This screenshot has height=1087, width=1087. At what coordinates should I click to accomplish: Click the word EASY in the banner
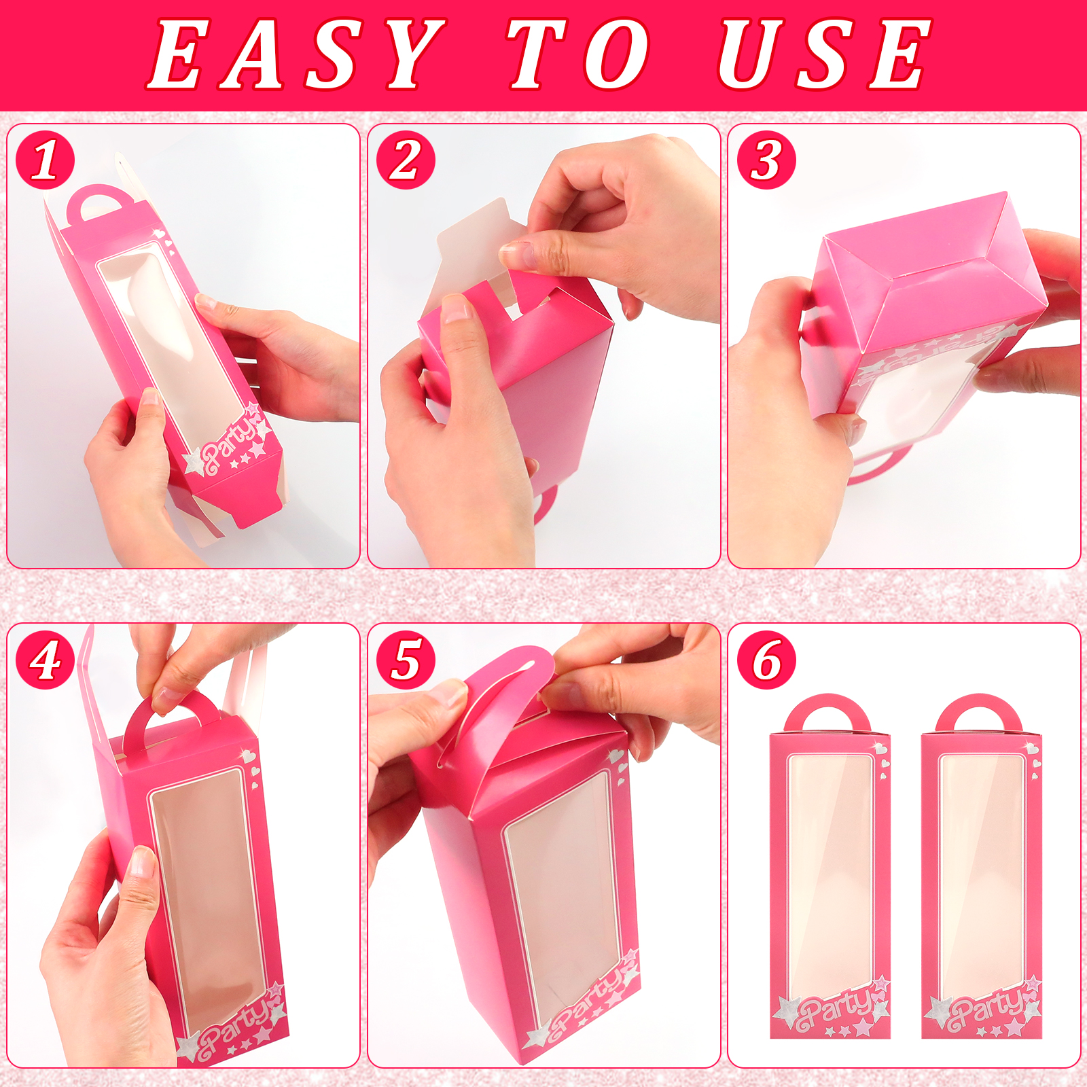tap(297, 54)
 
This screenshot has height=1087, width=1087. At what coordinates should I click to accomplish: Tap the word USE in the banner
tap(824, 54)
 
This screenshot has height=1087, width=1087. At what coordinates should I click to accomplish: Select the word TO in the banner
tap(579, 54)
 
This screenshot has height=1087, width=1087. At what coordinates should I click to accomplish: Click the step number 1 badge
tap(45, 160)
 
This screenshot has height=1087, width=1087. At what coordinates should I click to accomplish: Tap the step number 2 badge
tap(406, 160)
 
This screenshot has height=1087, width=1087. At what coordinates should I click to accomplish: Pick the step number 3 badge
tap(766, 160)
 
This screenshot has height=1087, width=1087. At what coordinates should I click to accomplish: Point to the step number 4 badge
tap(45, 660)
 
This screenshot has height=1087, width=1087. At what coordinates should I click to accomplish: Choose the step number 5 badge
tap(406, 660)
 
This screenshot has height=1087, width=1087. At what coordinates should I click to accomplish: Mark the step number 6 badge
tap(766, 660)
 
